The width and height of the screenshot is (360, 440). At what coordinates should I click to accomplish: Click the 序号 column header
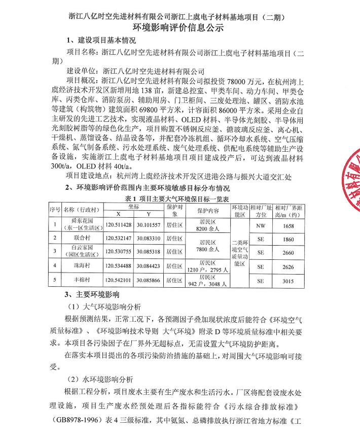tap(55, 210)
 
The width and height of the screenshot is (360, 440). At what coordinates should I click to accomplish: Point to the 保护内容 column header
tap(208, 210)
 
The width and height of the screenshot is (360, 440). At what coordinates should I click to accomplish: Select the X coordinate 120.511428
tap(119, 224)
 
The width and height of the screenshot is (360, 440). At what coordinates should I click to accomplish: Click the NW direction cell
tap(261, 224)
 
